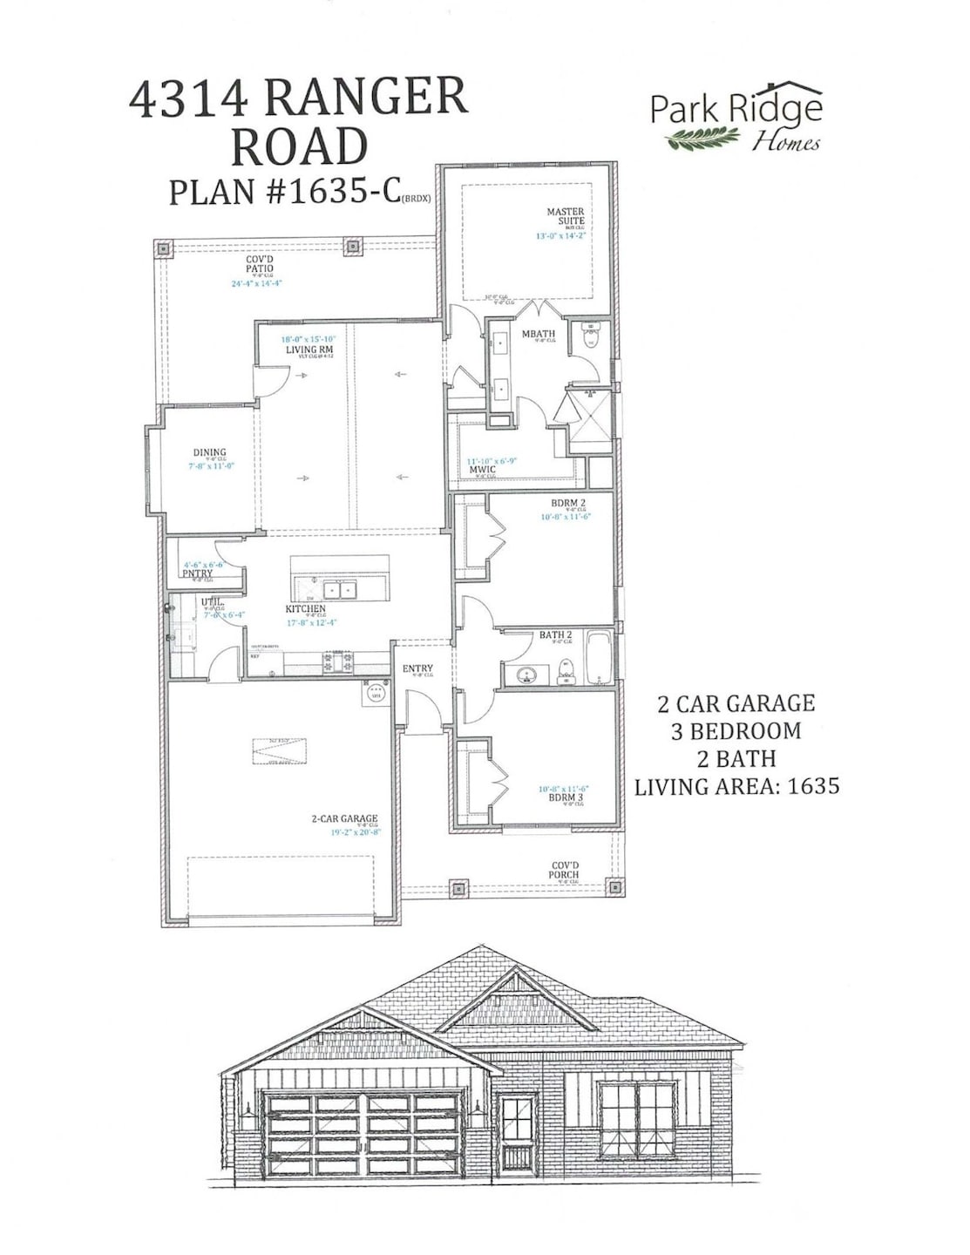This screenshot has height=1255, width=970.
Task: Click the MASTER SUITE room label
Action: click(x=565, y=216)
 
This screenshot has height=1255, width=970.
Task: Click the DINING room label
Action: click(x=210, y=453)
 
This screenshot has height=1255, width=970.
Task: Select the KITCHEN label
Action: click(x=306, y=608)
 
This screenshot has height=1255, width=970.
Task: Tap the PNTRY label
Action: click(x=199, y=573)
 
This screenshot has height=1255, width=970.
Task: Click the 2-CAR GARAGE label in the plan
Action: click(x=345, y=818)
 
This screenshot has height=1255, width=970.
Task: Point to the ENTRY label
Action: click(x=417, y=668)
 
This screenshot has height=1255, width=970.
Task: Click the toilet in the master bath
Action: click(x=592, y=336)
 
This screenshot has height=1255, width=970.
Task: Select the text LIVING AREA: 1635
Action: click(x=736, y=786)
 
